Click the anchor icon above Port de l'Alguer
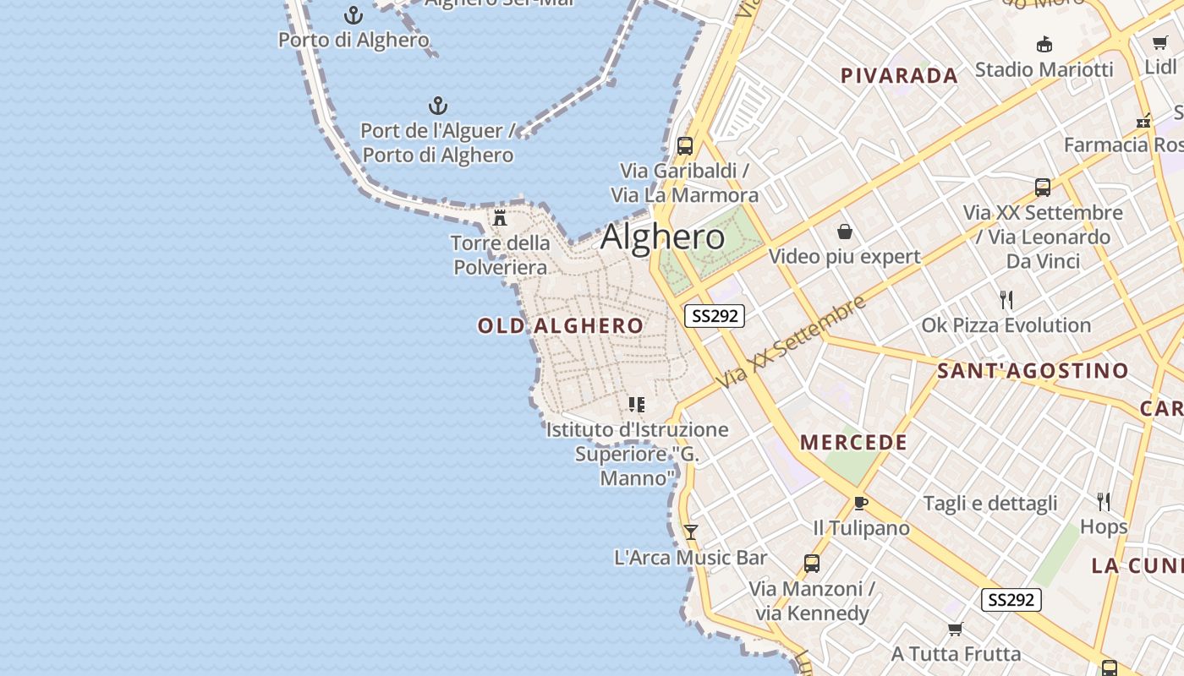click(437, 106)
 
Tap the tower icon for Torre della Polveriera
click(500, 218)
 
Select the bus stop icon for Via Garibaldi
click(685, 145)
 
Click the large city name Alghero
click(663, 237)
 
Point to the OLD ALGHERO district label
click(561, 326)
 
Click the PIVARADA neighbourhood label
click(899, 76)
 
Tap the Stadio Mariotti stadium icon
click(1044, 45)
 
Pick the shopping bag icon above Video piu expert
click(844, 232)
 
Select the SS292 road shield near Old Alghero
click(715, 316)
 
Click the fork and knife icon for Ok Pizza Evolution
click(1006, 300)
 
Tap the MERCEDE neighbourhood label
click(853, 443)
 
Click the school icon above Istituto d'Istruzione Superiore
click(637, 405)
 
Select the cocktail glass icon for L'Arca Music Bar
click(691, 532)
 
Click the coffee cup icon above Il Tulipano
click(861, 504)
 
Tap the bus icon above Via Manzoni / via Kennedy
click(812, 564)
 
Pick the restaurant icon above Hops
click(1104, 502)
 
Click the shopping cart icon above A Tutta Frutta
click(956, 629)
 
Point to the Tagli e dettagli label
click(990, 504)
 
